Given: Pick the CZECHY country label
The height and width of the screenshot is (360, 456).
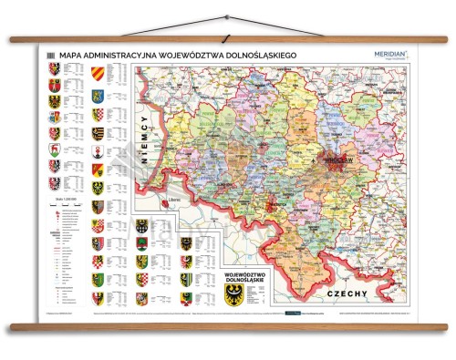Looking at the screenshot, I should pyautogui.click(x=350, y=293).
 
